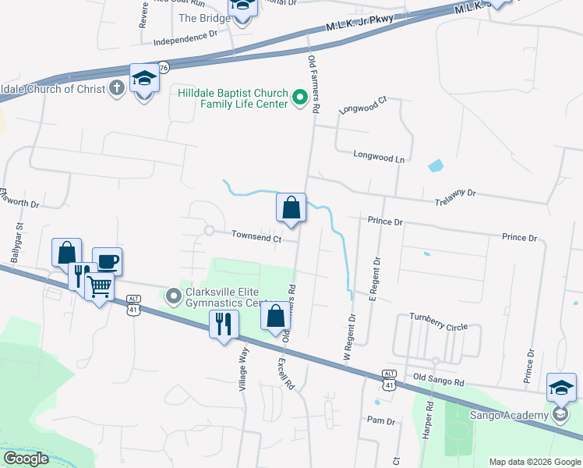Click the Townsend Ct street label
[x=256, y=237]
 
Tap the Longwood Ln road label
[x=380, y=157]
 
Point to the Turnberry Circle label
[x=439, y=326]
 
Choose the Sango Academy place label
[x=509, y=415]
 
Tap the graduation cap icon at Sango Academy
[x=561, y=387]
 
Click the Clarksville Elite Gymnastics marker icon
[x=173, y=296]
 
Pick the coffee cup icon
[x=107, y=261]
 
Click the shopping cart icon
[x=99, y=286]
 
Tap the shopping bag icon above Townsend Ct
[x=291, y=207]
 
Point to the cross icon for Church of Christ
[x=117, y=87]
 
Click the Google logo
[x=26, y=459]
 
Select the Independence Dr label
[x=185, y=36]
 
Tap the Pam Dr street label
[x=381, y=420]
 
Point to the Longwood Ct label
[x=363, y=105]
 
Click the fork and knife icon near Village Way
[x=224, y=322]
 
